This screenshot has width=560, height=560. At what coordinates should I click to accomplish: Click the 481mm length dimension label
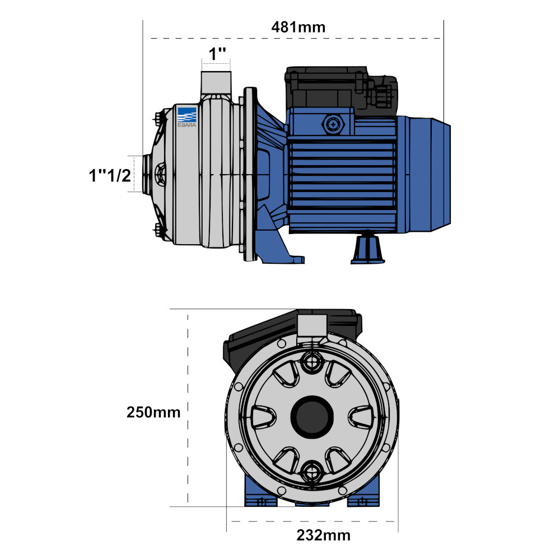(x=298, y=27)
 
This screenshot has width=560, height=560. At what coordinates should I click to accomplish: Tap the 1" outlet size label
(x=217, y=54)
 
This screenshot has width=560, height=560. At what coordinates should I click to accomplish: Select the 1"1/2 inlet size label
(x=110, y=176)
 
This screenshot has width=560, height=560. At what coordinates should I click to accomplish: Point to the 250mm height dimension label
(x=153, y=412)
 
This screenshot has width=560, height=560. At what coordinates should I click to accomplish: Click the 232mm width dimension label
(x=323, y=535)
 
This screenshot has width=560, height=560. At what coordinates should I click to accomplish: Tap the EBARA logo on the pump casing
(x=187, y=117)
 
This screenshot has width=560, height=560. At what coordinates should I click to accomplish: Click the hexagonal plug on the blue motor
(x=334, y=124)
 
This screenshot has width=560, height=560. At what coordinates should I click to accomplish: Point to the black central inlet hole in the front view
(x=312, y=416)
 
